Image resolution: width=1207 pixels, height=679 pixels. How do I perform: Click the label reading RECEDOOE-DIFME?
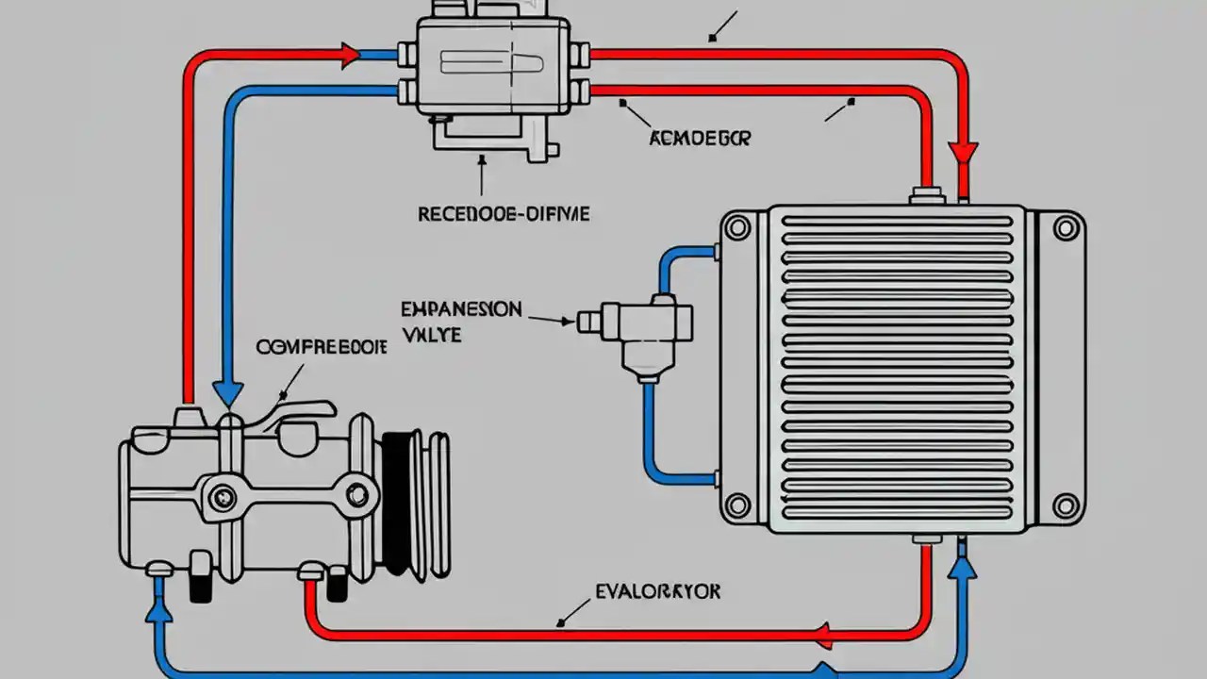[x=504, y=214]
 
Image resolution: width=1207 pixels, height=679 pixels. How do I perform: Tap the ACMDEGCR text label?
[x=700, y=139]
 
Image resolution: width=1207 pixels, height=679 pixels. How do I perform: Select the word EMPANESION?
[x=461, y=308]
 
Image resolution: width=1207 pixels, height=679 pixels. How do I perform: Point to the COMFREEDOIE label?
[x=322, y=347]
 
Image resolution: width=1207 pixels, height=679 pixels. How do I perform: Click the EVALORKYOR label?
[x=658, y=591]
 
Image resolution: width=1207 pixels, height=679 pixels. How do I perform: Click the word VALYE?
[x=432, y=334]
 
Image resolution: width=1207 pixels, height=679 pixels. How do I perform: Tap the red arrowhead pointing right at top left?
[x=349, y=56]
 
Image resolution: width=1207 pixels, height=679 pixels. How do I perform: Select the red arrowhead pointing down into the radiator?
[x=963, y=154]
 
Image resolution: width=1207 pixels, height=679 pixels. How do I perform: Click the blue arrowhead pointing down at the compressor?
[x=227, y=392]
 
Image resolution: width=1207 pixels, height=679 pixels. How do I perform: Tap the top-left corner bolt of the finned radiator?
[x=737, y=227]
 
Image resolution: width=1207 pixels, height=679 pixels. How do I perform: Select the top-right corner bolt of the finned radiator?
[x=1066, y=227]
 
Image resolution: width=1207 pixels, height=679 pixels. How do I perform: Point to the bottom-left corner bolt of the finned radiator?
[x=737, y=505]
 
